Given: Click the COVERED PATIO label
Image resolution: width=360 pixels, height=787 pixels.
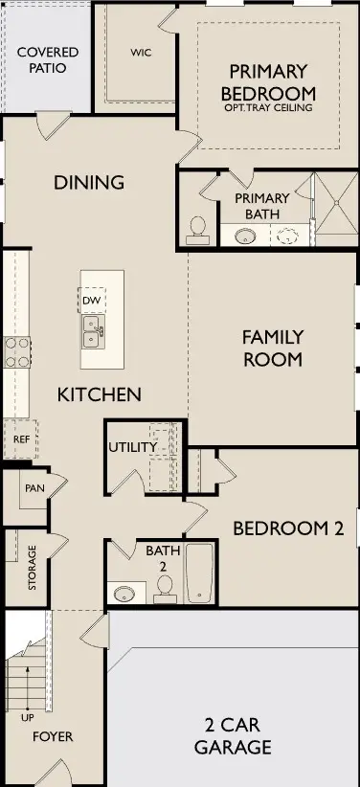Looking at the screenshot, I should click(x=48, y=59).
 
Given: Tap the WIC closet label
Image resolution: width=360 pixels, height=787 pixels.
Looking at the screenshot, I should click(x=141, y=52).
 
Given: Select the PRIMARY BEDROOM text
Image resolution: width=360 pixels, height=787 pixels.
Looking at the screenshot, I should click(x=268, y=82).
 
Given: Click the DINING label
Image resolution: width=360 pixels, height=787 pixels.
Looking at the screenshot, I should click(x=89, y=182).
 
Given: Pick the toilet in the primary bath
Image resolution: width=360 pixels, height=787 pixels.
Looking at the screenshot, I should click(x=198, y=227).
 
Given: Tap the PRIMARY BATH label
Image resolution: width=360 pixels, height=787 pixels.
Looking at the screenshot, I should click(x=262, y=206).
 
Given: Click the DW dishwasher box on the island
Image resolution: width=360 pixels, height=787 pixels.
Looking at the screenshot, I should click(x=92, y=301).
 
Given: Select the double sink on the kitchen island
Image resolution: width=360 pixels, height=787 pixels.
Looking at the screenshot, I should click(x=93, y=332).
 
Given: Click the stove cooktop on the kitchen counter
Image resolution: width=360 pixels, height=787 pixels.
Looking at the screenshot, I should click(x=16, y=352).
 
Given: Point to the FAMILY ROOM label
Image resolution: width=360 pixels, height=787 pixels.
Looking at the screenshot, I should click(x=273, y=349).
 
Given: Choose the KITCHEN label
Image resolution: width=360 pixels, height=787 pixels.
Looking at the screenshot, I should click(x=100, y=394).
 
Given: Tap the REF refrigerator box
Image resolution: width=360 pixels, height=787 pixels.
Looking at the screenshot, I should click(x=20, y=439).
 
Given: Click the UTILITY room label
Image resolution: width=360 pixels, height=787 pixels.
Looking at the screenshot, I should click(x=132, y=447).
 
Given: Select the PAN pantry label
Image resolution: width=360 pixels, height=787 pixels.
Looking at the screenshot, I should click(x=34, y=488).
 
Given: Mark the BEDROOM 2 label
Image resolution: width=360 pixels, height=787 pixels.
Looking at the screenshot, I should click(x=287, y=528).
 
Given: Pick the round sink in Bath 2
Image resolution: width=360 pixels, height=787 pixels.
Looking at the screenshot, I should click(x=124, y=595).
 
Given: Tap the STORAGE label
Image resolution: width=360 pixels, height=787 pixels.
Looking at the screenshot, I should click(x=32, y=567).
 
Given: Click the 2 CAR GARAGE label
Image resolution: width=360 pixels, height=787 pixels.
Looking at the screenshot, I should click(x=233, y=736).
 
